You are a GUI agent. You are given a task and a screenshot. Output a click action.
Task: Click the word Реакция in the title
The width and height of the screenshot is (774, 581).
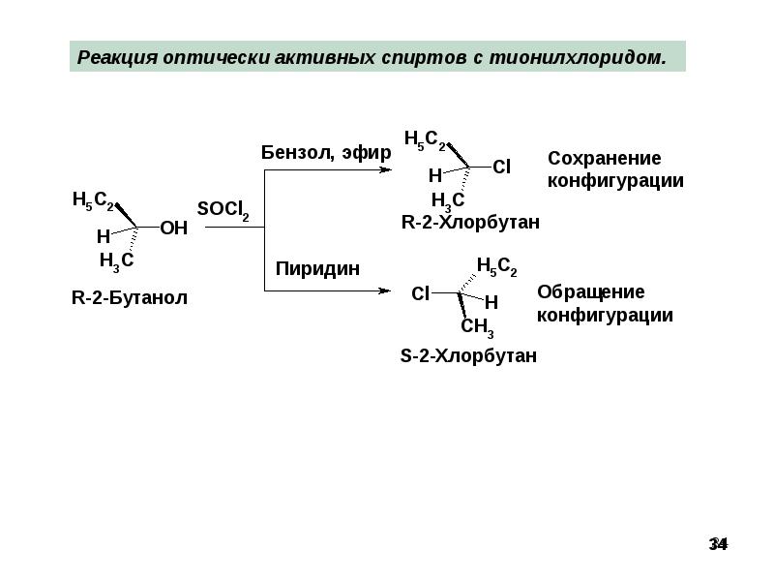click(117, 57)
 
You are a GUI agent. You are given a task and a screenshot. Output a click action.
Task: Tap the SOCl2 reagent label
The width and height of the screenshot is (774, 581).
click(223, 210)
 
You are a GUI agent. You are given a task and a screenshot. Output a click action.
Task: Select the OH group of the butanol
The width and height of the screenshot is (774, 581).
click(173, 229)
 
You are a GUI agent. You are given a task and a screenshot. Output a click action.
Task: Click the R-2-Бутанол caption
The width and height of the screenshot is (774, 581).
click(130, 298)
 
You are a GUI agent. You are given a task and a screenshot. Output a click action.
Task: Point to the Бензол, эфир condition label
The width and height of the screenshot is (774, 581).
click(326, 153)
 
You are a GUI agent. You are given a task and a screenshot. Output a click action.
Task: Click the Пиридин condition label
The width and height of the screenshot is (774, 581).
click(318, 269)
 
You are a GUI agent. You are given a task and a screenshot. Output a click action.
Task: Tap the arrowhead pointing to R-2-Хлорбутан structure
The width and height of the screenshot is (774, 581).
click(386, 170)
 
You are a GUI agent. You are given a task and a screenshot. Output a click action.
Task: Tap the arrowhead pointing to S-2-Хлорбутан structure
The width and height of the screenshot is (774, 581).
click(384, 290)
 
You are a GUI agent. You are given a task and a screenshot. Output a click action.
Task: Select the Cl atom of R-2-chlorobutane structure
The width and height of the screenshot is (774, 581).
click(501, 168)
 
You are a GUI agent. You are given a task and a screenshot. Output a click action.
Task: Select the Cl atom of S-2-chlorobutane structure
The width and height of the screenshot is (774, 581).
click(420, 292)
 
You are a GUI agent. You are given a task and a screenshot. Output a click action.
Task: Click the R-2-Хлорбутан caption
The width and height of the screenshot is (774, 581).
click(470, 223)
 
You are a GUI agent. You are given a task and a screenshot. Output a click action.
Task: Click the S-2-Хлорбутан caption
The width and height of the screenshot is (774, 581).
click(468, 356)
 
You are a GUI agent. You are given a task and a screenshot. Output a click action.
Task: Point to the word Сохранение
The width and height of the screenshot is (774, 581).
click(604, 158)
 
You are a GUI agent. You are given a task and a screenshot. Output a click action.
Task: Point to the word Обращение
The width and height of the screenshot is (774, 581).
click(590, 292)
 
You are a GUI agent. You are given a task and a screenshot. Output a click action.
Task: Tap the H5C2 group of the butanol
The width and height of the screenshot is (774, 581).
click(94, 201)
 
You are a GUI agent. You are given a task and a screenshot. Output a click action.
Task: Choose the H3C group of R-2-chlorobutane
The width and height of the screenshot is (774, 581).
click(447, 200)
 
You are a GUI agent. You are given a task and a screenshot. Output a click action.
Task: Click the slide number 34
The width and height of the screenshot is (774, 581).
click(718, 544)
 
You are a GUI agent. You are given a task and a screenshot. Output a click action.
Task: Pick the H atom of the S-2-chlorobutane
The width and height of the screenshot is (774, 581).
click(491, 302)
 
